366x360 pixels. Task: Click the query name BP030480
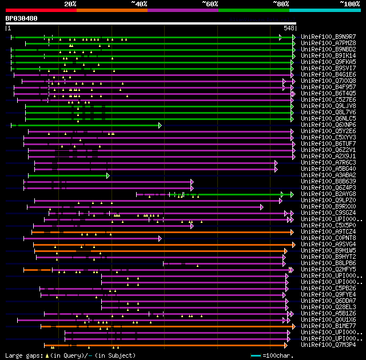coord(22,18)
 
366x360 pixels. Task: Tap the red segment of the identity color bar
coord(41,10)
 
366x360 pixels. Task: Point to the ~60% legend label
coord(210,3)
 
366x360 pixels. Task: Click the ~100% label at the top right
coord(349,3)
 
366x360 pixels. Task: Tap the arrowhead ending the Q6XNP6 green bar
coord(160,125)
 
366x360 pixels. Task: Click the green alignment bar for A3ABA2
coord(69,175)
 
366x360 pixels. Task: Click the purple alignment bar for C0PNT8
coord(91,238)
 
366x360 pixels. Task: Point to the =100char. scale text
coord(279,355)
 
